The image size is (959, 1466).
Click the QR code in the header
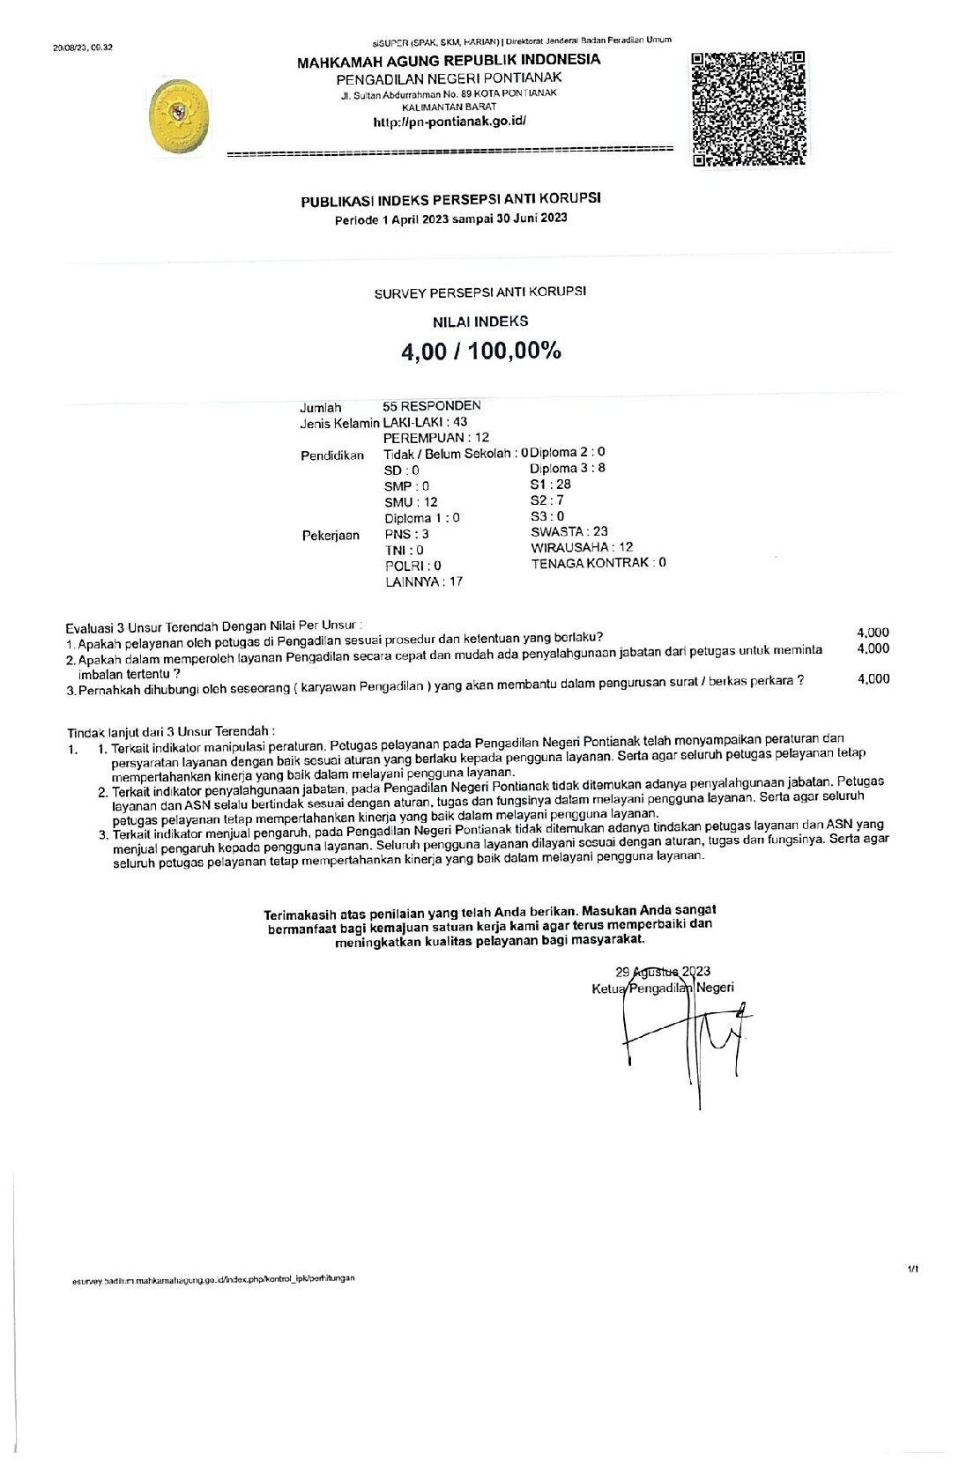click(x=749, y=109)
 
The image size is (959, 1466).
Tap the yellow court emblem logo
click(x=181, y=115)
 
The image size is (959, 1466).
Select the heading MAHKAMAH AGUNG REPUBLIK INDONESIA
click(x=449, y=61)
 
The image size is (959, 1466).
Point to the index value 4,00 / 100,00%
click(x=481, y=351)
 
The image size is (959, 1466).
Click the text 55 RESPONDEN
click(x=432, y=406)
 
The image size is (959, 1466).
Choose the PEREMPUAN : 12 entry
click(x=436, y=438)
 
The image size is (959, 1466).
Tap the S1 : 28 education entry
click(x=550, y=485)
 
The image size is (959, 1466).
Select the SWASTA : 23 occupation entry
click(x=569, y=531)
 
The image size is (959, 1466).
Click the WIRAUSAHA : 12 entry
click(x=582, y=547)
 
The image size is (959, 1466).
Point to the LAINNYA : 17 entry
click(x=424, y=581)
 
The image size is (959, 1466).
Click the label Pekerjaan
click(x=331, y=536)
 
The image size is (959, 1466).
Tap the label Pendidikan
click(x=332, y=455)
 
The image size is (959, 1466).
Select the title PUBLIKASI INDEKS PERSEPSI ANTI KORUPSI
click(x=451, y=200)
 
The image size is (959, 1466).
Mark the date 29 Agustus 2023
click(x=663, y=972)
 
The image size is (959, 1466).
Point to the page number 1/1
click(x=912, y=1270)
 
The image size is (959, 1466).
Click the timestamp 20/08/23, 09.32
click(x=83, y=47)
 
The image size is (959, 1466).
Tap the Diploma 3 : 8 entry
click(x=568, y=469)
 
